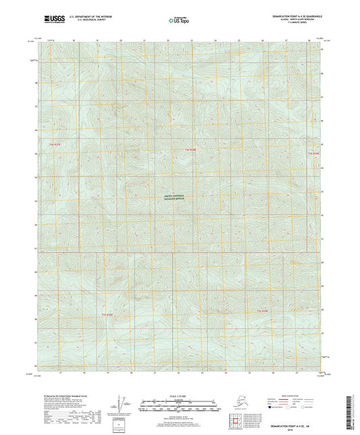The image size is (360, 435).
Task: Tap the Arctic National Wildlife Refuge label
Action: coord(178,197)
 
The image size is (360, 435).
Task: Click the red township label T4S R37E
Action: coord(55,145)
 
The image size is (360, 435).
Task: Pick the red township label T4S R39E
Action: coord(313,154)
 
